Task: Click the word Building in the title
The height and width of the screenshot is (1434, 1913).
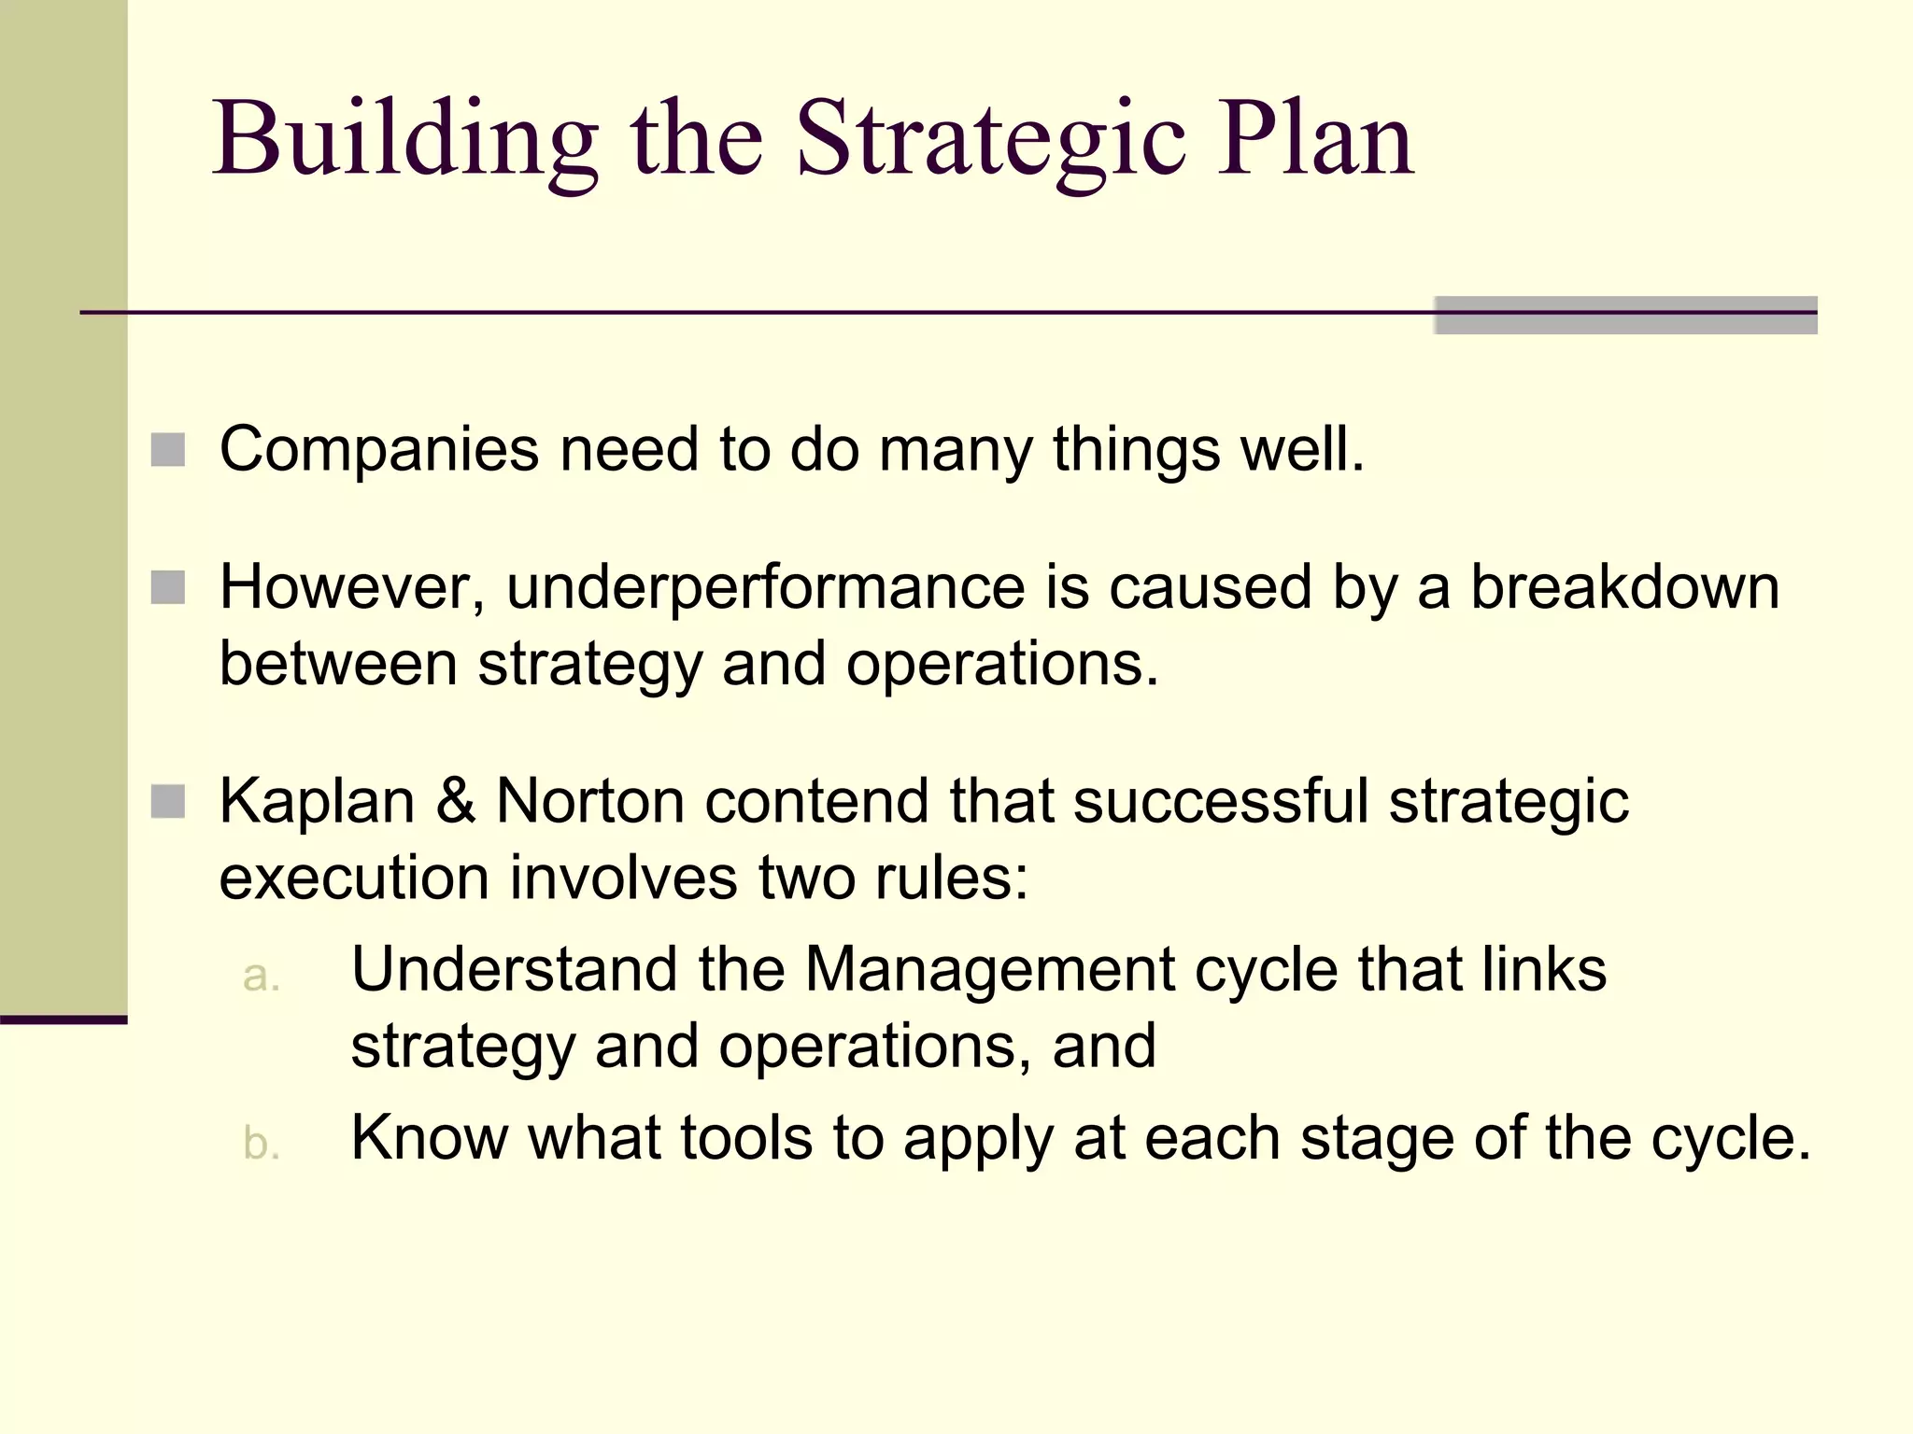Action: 404,140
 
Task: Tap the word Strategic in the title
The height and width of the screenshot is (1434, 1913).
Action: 990,140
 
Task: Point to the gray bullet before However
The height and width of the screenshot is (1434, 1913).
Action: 168,588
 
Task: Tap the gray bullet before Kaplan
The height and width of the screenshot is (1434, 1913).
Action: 168,801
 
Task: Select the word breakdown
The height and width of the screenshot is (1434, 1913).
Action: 1624,588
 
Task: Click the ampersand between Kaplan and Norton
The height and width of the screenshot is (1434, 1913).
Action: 455,801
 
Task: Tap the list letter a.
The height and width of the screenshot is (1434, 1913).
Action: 261,976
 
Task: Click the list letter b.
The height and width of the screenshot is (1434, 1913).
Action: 261,1144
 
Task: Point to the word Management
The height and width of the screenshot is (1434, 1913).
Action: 989,969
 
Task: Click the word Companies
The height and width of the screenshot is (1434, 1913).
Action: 378,450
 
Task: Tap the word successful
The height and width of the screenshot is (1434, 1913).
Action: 1220,801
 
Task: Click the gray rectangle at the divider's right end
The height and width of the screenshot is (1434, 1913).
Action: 1625,315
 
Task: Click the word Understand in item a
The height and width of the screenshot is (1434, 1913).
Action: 513,969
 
